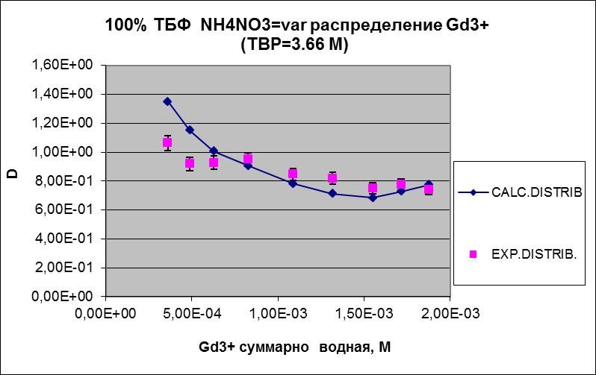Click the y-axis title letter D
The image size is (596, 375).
click(13, 175)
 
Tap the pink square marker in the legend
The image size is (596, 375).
click(473, 254)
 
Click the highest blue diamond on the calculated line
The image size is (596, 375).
click(167, 101)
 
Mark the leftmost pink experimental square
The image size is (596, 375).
click(167, 142)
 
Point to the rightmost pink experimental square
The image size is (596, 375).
click(429, 189)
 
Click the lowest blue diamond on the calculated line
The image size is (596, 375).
click(373, 198)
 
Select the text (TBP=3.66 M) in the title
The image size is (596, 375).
click(296, 44)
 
